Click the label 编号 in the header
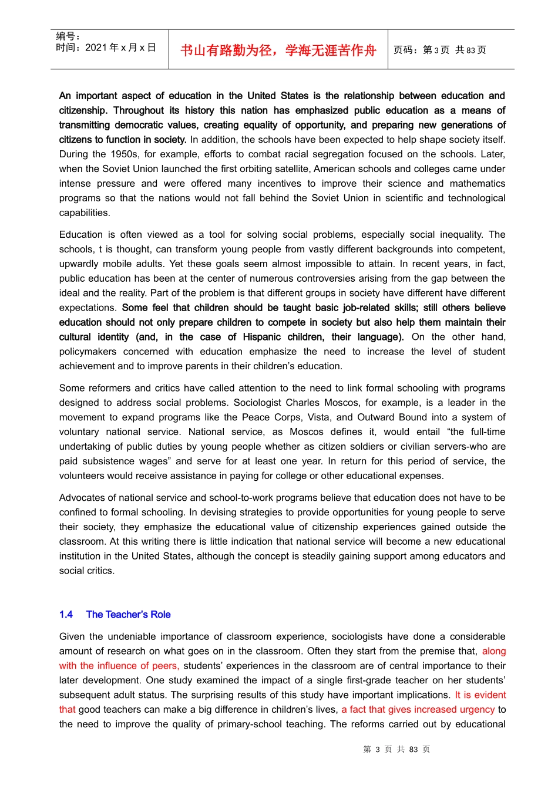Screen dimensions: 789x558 click(x=65, y=36)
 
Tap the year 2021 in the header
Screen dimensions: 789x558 click(x=96, y=48)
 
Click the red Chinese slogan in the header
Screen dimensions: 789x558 click(x=278, y=50)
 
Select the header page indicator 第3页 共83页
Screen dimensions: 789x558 click(x=439, y=50)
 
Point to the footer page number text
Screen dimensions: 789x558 click(x=396, y=750)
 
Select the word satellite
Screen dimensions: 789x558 click(x=288, y=169)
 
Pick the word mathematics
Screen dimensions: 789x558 click(x=478, y=184)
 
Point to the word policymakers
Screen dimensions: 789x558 click(x=88, y=352)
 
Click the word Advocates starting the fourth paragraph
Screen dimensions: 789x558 click(x=81, y=498)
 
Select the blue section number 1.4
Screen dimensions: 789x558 click(x=66, y=615)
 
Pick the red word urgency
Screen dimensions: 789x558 click(x=477, y=710)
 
